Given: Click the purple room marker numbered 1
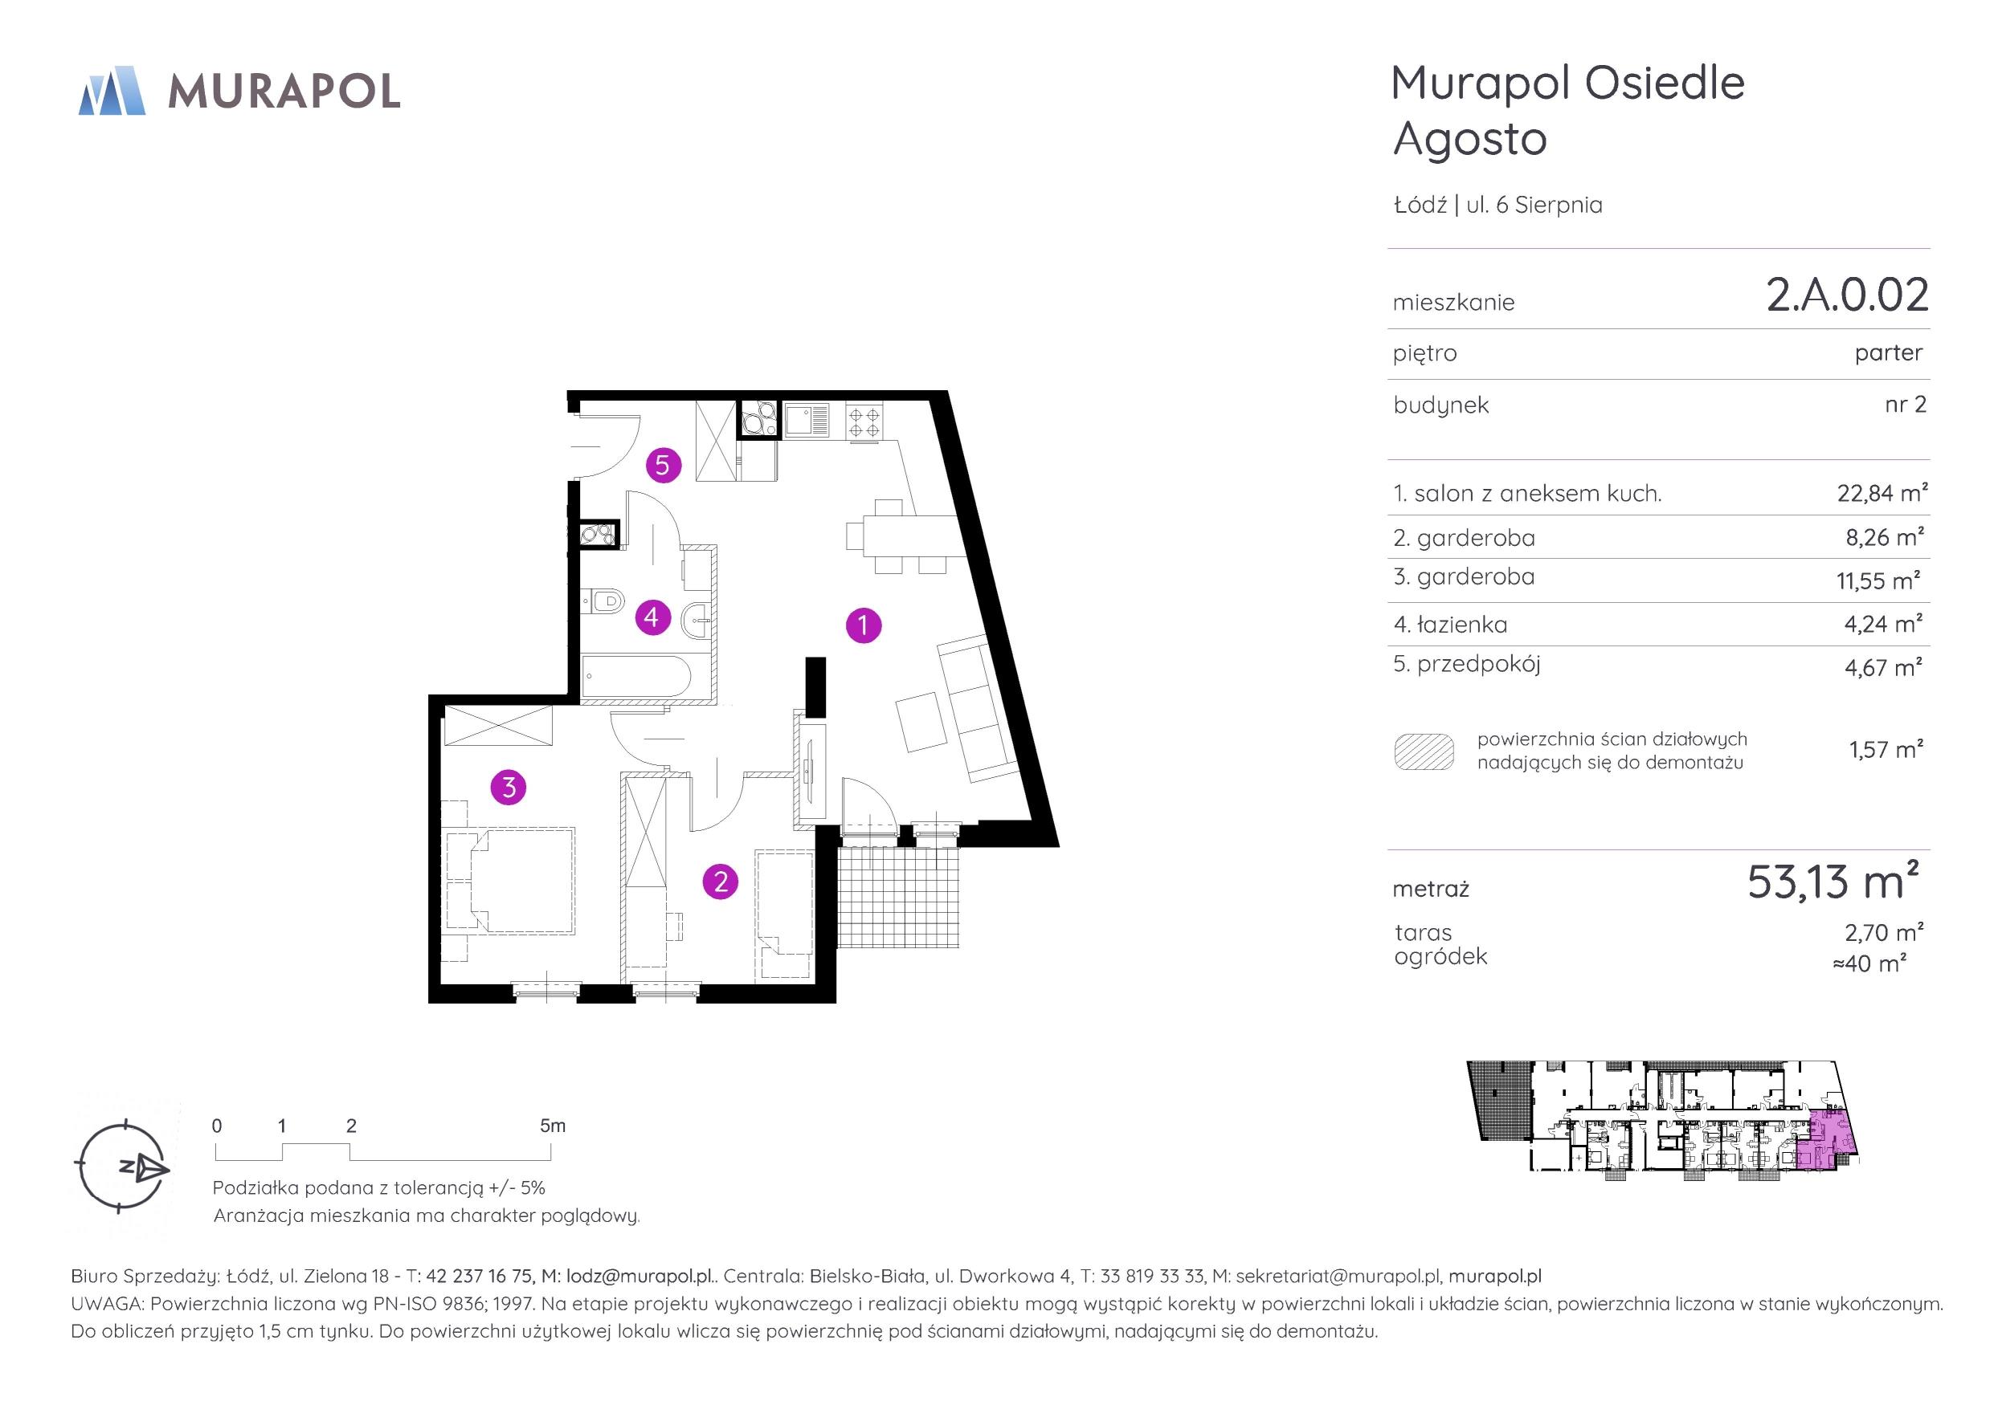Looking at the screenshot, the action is click(x=864, y=625).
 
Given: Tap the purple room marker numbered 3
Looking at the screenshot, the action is click(x=509, y=788).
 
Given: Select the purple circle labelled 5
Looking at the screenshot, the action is click(x=663, y=466).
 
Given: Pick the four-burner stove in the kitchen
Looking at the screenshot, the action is click(x=864, y=423).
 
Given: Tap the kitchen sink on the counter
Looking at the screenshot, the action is click(x=807, y=420).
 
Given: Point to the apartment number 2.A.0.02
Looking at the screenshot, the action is click(x=1847, y=295).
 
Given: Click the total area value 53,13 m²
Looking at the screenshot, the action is click(x=1833, y=882).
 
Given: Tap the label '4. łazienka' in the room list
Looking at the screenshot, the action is click(x=1450, y=624).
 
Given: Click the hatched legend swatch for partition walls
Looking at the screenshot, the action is click(x=1424, y=751).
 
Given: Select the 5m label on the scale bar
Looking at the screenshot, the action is click(x=553, y=1126).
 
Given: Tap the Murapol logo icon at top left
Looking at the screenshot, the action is click(x=112, y=90).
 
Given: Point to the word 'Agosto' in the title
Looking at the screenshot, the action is click(x=1470, y=140).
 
